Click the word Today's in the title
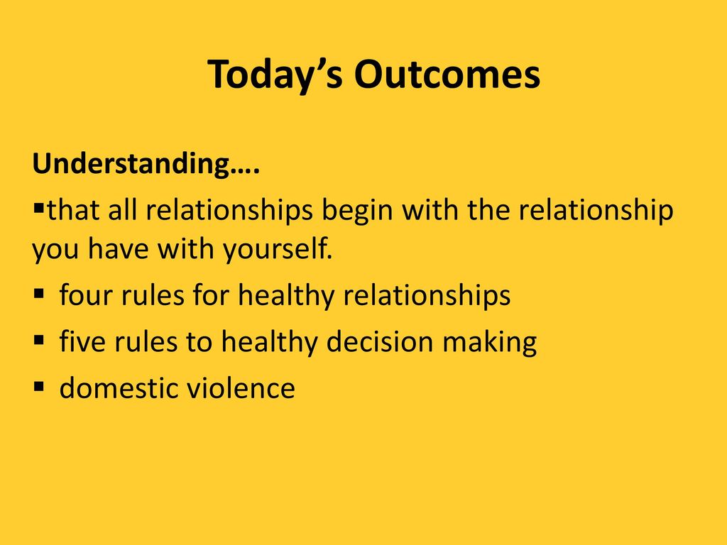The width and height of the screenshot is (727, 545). [275, 74]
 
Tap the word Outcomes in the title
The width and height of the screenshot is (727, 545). [447, 74]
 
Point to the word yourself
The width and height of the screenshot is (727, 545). [278, 249]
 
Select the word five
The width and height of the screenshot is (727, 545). [82, 341]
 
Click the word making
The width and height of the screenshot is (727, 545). [490, 343]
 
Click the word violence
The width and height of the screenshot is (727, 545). [241, 388]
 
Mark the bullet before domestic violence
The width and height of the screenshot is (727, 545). [39, 387]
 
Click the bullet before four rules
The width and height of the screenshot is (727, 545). [39, 293]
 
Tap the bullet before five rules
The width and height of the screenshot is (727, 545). [39, 340]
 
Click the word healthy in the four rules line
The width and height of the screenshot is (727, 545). [286, 296]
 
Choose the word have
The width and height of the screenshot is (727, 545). [119, 249]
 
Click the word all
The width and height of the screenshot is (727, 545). [123, 210]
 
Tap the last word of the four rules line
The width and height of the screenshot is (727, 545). [427, 296]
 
